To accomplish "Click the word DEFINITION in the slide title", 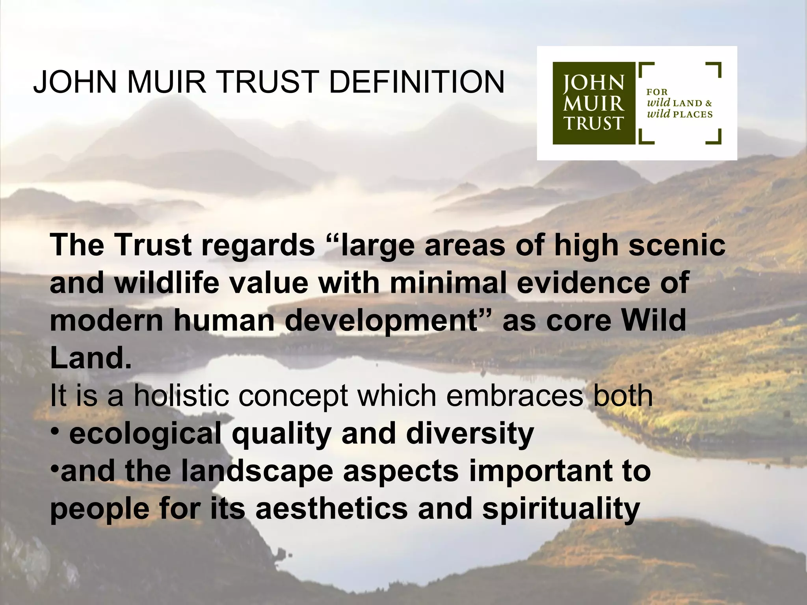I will pyautogui.click(x=417, y=82).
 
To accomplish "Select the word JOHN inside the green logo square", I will pyautogui.click(x=593, y=83).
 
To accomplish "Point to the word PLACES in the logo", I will pyautogui.click(x=693, y=115).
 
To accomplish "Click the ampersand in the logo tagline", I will pyautogui.click(x=708, y=103).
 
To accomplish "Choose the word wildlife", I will pyautogui.click(x=167, y=283).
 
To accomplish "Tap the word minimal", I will pyautogui.click(x=448, y=283).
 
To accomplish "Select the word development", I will pyautogui.click(x=381, y=321).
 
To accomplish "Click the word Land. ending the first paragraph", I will pyautogui.click(x=91, y=358).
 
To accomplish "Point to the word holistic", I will pyautogui.click(x=182, y=395).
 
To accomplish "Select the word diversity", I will pyautogui.click(x=470, y=434).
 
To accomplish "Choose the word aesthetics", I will pyautogui.click(x=332, y=508).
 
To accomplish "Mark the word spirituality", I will pyautogui.click(x=561, y=509).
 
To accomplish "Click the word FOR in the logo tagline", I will pyautogui.click(x=657, y=92).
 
